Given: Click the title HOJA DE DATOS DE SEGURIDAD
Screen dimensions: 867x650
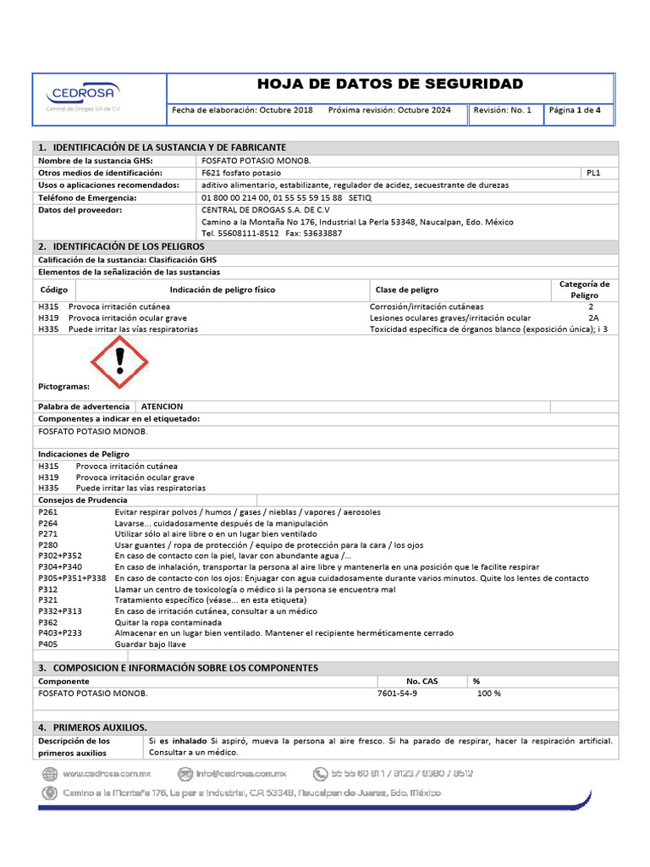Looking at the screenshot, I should coord(389,84).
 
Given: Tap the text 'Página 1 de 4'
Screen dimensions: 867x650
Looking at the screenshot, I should coord(576,110).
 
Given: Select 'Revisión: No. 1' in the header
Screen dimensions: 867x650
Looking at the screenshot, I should coord(503,110).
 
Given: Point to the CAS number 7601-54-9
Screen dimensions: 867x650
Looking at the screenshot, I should coord(397,693).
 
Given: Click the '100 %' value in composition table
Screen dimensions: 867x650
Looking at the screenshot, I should coord(489,693).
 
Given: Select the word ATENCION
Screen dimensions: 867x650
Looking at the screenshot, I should coord(162,406).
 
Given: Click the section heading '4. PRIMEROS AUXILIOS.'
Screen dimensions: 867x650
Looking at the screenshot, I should coord(93,727).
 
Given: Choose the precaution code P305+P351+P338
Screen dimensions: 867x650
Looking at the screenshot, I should coord(72,577).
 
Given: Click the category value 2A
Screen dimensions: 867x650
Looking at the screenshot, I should coord(593,318).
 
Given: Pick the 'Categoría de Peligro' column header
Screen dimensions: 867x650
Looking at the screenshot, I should coord(584,290).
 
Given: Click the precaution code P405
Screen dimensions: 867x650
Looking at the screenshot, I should coord(48,643).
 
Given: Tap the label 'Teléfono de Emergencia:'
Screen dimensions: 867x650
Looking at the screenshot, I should coord(88,197).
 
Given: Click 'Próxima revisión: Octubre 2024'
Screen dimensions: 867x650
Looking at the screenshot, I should coord(389,110).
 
